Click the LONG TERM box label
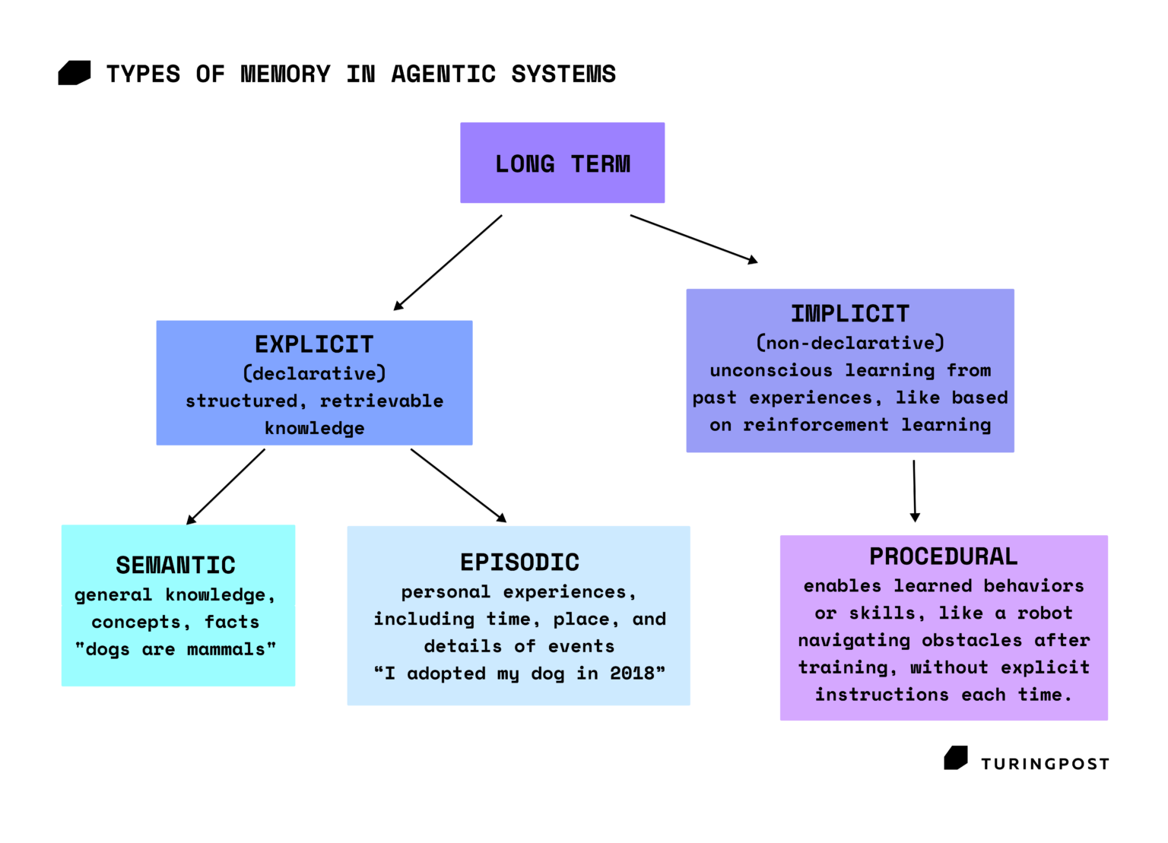(563, 164)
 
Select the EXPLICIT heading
(314, 344)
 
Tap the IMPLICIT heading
(849, 314)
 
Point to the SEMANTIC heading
(176, 566)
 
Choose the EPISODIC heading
(519, 563)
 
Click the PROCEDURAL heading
(943, 556)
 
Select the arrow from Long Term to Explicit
(448, 263)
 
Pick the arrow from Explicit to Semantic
(226, 486)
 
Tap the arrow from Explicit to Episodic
(458, 485)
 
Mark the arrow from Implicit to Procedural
(915, 490)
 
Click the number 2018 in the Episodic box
(632, 673)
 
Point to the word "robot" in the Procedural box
(1044, 613)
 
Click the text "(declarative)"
(314, 374)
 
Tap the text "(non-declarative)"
(849, 344)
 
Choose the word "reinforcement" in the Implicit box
(815, 425)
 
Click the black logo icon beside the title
(75, 73)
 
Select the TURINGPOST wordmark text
(1045, 764)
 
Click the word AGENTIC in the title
(443, 74)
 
